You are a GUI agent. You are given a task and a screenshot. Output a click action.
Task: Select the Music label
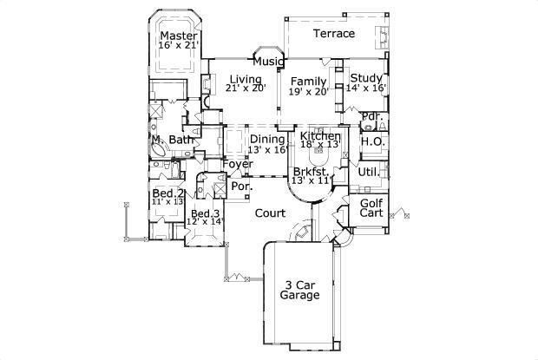click(266, 62)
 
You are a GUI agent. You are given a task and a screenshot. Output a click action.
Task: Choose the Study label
click(366, 77)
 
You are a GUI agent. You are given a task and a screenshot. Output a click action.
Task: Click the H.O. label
click(373, 141)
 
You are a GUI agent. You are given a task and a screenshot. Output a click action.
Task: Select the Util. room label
click(367, 172)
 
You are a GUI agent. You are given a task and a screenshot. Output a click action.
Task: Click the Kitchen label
click(320, 137)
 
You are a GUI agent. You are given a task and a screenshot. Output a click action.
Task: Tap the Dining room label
click(267, 139)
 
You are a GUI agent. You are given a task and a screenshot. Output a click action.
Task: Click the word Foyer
click(237, 164)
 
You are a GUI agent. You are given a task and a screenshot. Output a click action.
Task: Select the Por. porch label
click(240, 185)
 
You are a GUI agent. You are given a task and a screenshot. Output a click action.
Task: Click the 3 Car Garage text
click(299, 290)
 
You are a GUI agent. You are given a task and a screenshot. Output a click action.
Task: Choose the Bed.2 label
click(167, 193)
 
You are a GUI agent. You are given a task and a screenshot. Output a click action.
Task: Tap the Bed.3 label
click(206, 213)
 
